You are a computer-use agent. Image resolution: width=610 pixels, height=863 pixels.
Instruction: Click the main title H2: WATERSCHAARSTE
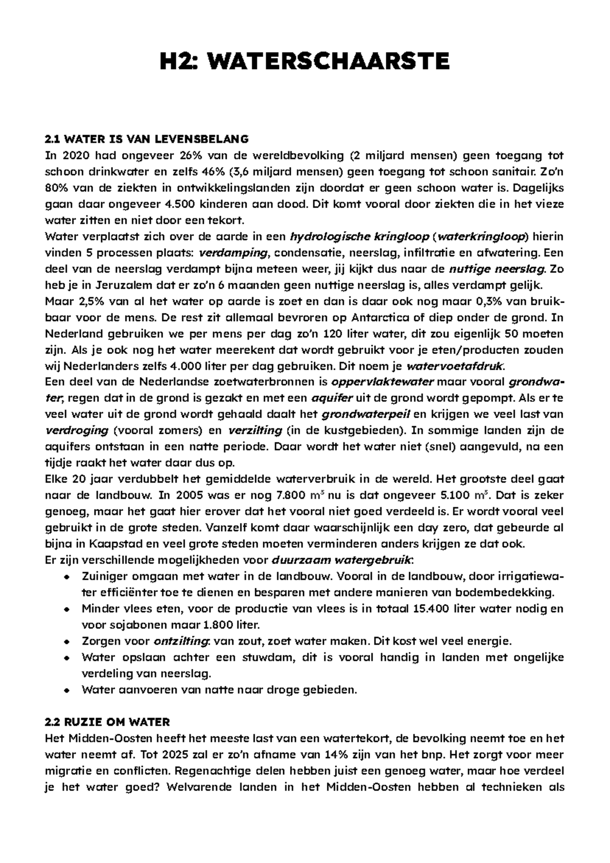pos(304,62)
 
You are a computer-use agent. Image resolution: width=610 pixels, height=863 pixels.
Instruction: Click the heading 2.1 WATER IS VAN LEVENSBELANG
pos(146,139)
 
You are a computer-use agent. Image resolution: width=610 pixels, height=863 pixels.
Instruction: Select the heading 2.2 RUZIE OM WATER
pos(107,722)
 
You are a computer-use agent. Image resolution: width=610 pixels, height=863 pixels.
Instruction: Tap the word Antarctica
pos(385,318)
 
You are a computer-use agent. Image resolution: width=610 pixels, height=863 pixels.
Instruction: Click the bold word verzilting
pos(255,431)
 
